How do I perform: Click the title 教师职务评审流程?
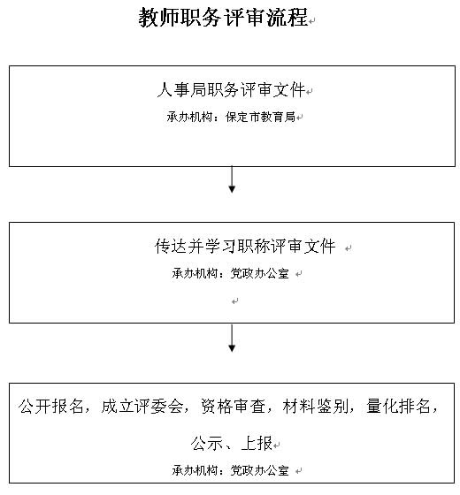pos(223,18)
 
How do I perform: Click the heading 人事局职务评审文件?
pos(231,89)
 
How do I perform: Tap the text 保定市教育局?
pos(260,117)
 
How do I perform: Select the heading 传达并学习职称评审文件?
pos(245,247)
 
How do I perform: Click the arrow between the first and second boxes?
pos(232,179)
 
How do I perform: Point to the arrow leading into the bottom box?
pos(232,338)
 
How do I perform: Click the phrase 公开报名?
pos(51,407)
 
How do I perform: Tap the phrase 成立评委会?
pos(142,407)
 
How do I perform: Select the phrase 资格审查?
pos(234,407)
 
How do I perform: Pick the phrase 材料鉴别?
pos(316,407)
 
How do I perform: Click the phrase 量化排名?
pos(399,407)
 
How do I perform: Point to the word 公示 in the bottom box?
pos(207,443)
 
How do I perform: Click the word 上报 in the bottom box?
pos(257,443)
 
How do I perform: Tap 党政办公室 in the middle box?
pos(259,273)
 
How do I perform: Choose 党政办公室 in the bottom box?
pos(259,470)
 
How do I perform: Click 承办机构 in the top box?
pos(189,117)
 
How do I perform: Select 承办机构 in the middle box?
pos(195,273)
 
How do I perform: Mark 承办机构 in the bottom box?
pos(195,470)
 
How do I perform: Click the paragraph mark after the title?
pos(311,21)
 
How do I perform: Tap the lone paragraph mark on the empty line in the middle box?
pos(234,301)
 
